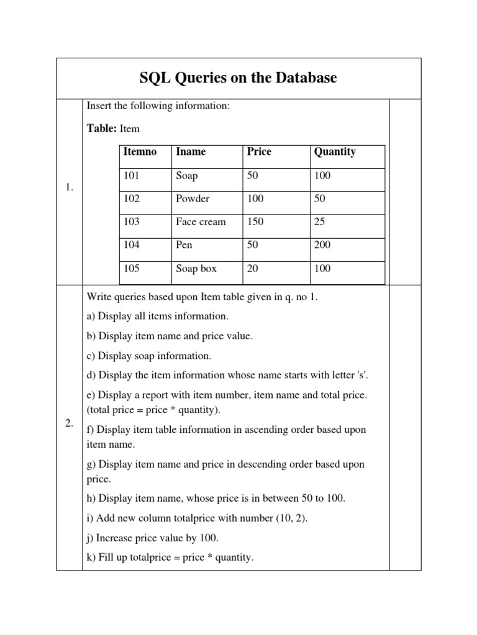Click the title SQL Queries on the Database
tap(238, 79)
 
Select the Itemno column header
tap(140, 152)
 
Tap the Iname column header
tap(191, 152)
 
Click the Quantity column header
tap(335, 152)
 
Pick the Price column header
tap(259, 152)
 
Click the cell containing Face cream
tap(201, 222)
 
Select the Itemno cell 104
tap(132, 245)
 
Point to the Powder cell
tap(193, 199)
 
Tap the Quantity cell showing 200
tap(322, 245)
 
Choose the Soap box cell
tap(196, 269)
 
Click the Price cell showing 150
tap(255, 222)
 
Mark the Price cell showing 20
tap(252, 269)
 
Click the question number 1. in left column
tap(69, 188)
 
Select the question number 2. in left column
tap(69, 423)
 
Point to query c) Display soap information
tap(149, 356)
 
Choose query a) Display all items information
tap(158, 316)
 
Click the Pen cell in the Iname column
tap(184, 245)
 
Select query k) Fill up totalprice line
tap(170, 557)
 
